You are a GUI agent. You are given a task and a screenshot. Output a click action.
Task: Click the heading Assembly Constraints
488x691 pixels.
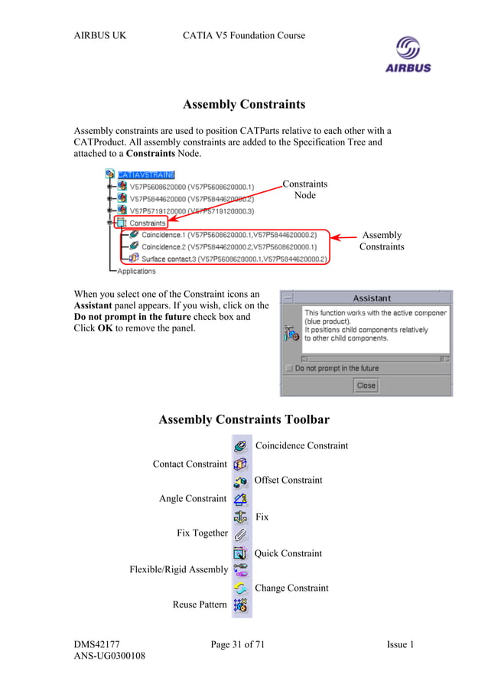pos(244,104)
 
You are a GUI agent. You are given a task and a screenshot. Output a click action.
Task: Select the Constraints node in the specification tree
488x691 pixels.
pos(147,223)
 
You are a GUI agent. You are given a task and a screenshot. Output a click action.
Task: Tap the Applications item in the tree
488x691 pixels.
pos(136,271)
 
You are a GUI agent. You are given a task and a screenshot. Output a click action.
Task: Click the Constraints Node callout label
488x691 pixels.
pos(304,189)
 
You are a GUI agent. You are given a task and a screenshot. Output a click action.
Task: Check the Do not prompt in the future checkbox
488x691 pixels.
pos(288,368)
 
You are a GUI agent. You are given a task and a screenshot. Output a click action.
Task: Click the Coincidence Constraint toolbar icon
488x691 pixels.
pos(240,445)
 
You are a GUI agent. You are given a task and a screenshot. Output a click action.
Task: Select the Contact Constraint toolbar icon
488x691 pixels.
pos(240,464)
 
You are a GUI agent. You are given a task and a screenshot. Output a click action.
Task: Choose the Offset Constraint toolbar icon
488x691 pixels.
pos(240,481)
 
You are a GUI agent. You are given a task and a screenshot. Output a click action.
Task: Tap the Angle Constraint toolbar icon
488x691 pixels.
pos(240,499)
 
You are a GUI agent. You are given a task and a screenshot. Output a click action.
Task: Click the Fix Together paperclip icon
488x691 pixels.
pos(240,534)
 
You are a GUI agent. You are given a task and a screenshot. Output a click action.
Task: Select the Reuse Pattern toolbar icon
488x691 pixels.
pos(240,605)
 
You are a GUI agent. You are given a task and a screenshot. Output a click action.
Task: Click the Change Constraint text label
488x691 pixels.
pos(291,588)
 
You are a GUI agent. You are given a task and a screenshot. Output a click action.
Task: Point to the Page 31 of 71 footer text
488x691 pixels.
pos(237,645)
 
